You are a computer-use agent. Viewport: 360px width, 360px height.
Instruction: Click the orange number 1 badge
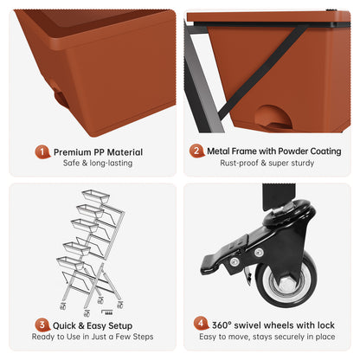pyautogui.click(x=42, y=152)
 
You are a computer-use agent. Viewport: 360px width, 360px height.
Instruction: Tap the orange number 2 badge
pyautogui.click(x=196, y=151)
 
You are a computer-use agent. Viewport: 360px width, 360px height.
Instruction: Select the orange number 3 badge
pyautogui.click(x=42, y=325)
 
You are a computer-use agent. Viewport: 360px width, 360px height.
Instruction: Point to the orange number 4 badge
pyautogui.click(x=201, y=324)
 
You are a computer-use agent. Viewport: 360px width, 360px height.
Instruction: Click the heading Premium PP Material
pyautogui.click(x=98, y=152)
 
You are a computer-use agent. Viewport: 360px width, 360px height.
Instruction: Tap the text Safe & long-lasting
pyautogui.click(x=98, y=163)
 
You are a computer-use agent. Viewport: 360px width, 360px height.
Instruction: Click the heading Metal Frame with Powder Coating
pyautogui.click(x=274, y=151)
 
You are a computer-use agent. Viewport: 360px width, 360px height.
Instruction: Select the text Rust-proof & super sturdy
pyautogui.click(x=267, y=163)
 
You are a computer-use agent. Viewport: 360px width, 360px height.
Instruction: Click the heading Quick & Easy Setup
pyautogui.click(x=93, y=325)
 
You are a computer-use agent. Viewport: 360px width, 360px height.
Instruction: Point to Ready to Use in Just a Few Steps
pyautogui.click(x=93, y=337)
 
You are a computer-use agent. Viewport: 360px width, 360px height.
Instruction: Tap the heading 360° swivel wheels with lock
pyautogui.click(x=273, y=325)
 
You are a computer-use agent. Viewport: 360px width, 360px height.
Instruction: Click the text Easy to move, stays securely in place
pyautogui.click(x=267, y=337)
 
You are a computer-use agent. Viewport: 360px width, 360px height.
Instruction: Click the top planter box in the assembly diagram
pyautogui.click(x=96, y=196)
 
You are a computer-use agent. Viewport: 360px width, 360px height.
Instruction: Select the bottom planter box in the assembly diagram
pyautogui.click(x=70, y=262)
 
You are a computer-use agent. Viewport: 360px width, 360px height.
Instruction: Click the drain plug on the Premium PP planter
pyautogui.click(x=59, y=96)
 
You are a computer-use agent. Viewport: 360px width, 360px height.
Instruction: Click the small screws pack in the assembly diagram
pyautogui.click(x=107, y=312)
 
